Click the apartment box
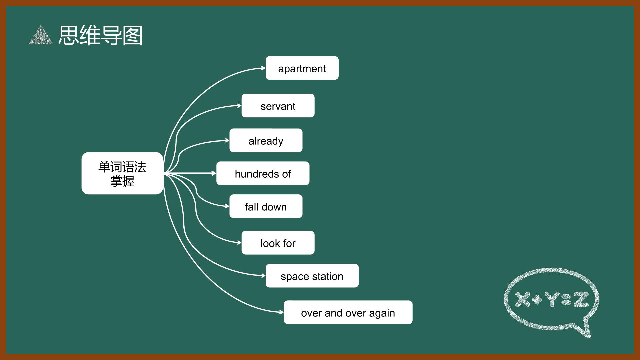tap(302, 68)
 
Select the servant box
tap(278, 106)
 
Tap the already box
tap(266, 140)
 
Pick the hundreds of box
tap(263, 173)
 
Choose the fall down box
tap(266, 206)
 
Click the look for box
tap(278, 243)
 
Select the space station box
tap(312, 276)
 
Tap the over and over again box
tap(348, 312)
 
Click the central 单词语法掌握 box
tap(122, 173)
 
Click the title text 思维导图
tap(101, 35)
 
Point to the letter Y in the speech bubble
tap(551, 299)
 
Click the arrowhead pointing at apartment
tap(263, 68)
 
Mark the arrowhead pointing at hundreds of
tap(214, 173)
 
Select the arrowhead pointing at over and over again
tap(281, 312)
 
